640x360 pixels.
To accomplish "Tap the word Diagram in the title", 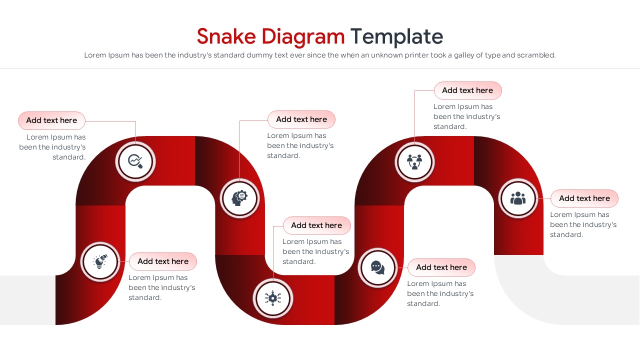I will click(x=303, y=36).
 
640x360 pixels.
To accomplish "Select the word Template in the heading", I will click(x=396, y=36).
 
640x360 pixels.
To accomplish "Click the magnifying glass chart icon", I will click(x=135, y=161).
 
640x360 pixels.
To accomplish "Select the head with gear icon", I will click(x=239, y=198).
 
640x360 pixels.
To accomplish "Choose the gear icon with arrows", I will click(x=272, y=298).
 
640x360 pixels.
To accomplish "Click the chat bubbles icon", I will click(x=378, y=268).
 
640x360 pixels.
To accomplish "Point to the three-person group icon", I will click(x=518, y=198).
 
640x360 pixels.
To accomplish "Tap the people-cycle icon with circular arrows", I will click(x=414, y=161).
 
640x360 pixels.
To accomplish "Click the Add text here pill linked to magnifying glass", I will click(x=51, y=120).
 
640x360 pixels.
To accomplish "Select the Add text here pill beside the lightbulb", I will click(x=163, y=261).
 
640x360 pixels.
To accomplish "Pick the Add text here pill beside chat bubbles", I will click(x=441, y=267).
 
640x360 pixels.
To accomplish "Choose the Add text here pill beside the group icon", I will click(x=584, y=198).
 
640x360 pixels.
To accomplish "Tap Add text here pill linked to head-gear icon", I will click(x=301, y=119).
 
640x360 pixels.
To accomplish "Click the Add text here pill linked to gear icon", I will click(x=316, y=225).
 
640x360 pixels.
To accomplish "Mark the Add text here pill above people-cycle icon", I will click(x=467, y=90).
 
